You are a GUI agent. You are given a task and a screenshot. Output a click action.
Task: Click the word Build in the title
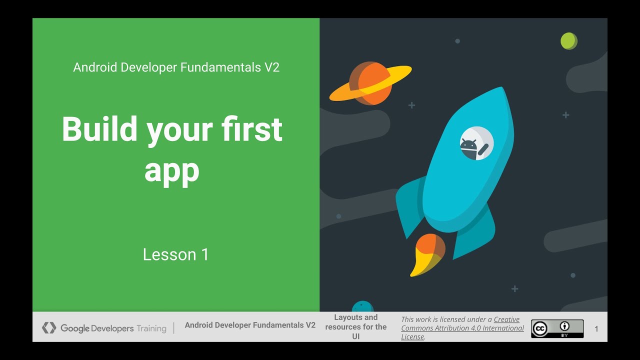(x=99, y=129)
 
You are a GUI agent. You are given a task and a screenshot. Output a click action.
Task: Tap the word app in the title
(x=171, y=171)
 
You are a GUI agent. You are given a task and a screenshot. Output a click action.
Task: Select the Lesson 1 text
(x=175, y=254)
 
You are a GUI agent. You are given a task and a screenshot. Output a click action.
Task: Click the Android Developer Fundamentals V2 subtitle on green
(x=176, y=67)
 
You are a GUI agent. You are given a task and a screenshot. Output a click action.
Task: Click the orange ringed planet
(x=370, y=83)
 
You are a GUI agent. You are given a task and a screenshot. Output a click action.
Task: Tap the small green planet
(x=568, y=41)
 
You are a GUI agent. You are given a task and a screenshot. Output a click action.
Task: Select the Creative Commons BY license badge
(x=557, y=328)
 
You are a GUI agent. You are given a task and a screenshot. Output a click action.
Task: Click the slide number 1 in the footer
(x=596, y=329)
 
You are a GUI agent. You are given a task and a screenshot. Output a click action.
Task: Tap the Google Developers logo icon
(x=49, y=328)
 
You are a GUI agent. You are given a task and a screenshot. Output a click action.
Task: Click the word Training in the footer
(x=151, y=328)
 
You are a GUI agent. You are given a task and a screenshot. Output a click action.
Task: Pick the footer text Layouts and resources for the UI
(x=355, y=327)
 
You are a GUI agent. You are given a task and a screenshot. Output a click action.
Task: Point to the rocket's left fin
(x=410, y=205)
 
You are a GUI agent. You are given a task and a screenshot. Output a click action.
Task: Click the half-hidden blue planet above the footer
(x=362, y=306)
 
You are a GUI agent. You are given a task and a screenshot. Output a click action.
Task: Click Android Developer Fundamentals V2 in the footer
(x=250, y=325)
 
